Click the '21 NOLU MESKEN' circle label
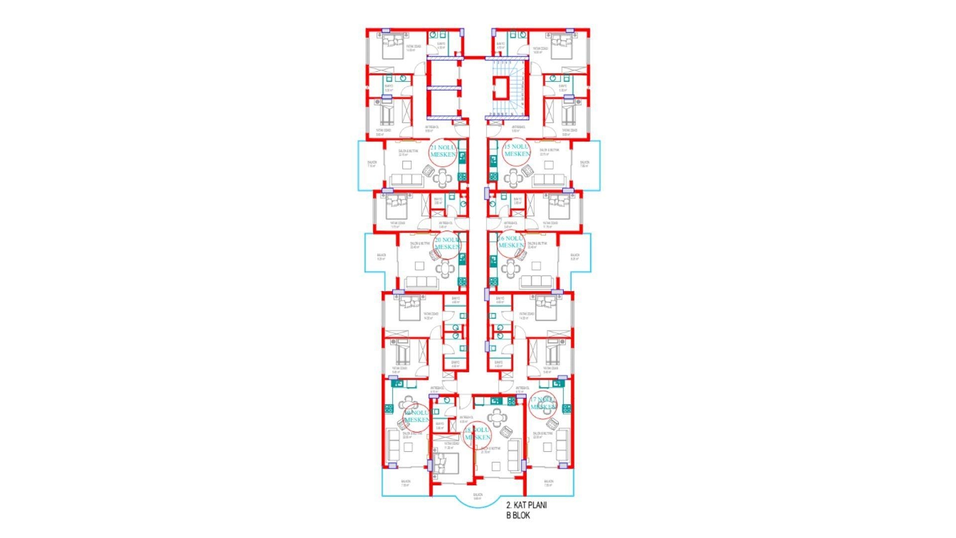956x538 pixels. pyautogui.click(x=443, y=151)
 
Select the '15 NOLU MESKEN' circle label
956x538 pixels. pyautogui.click(x=517, y=150)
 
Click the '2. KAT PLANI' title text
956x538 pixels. pyautogui.click(x=526, y=505)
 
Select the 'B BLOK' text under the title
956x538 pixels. pyautogui.click(x=518, y=516)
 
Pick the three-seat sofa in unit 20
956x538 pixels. pyautogui.click(x=421, y=282)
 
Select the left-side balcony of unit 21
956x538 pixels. pyautogui.click(x=371, y=165)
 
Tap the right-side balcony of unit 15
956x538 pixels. pyautogui.click(x=586, y=165)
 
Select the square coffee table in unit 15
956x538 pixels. pyautogui.click(x=548, y=165)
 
